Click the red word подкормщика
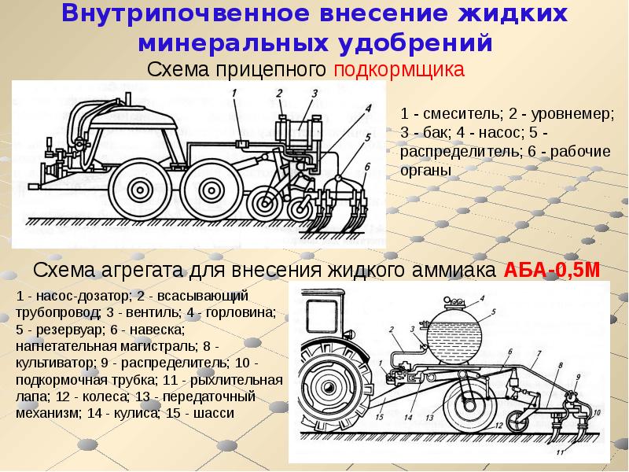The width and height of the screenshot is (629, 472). [399, 70]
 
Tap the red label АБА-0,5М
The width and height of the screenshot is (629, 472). [552, 270]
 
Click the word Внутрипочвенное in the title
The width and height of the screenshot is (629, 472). [186, 14]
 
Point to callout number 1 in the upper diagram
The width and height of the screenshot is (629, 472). [234, 93]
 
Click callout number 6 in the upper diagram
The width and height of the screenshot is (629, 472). [367, 166]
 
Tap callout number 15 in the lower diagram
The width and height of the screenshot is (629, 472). [380, 417]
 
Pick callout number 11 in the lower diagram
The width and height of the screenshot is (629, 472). [561, 452]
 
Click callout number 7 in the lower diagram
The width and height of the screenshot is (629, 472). [539, 353]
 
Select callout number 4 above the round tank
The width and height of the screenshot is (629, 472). [482, 298]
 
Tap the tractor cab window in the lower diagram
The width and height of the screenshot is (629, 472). [322, 315]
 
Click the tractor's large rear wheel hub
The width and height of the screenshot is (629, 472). [329, 388]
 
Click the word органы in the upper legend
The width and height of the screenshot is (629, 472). [425, 170]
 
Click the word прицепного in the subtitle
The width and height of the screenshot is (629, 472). [270, 70]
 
